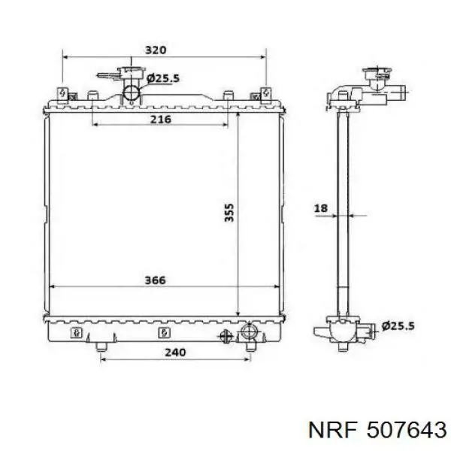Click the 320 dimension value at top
(x=156, y=50)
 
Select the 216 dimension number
(x=161, y=119)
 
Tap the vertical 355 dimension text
(x=229, y=213)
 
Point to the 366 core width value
(x=156, y=280)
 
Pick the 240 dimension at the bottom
(x=175, y=353)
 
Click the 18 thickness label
(x=321, y=208)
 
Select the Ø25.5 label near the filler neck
(x=163, y=78)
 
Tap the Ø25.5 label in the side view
(x=398, y=326)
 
